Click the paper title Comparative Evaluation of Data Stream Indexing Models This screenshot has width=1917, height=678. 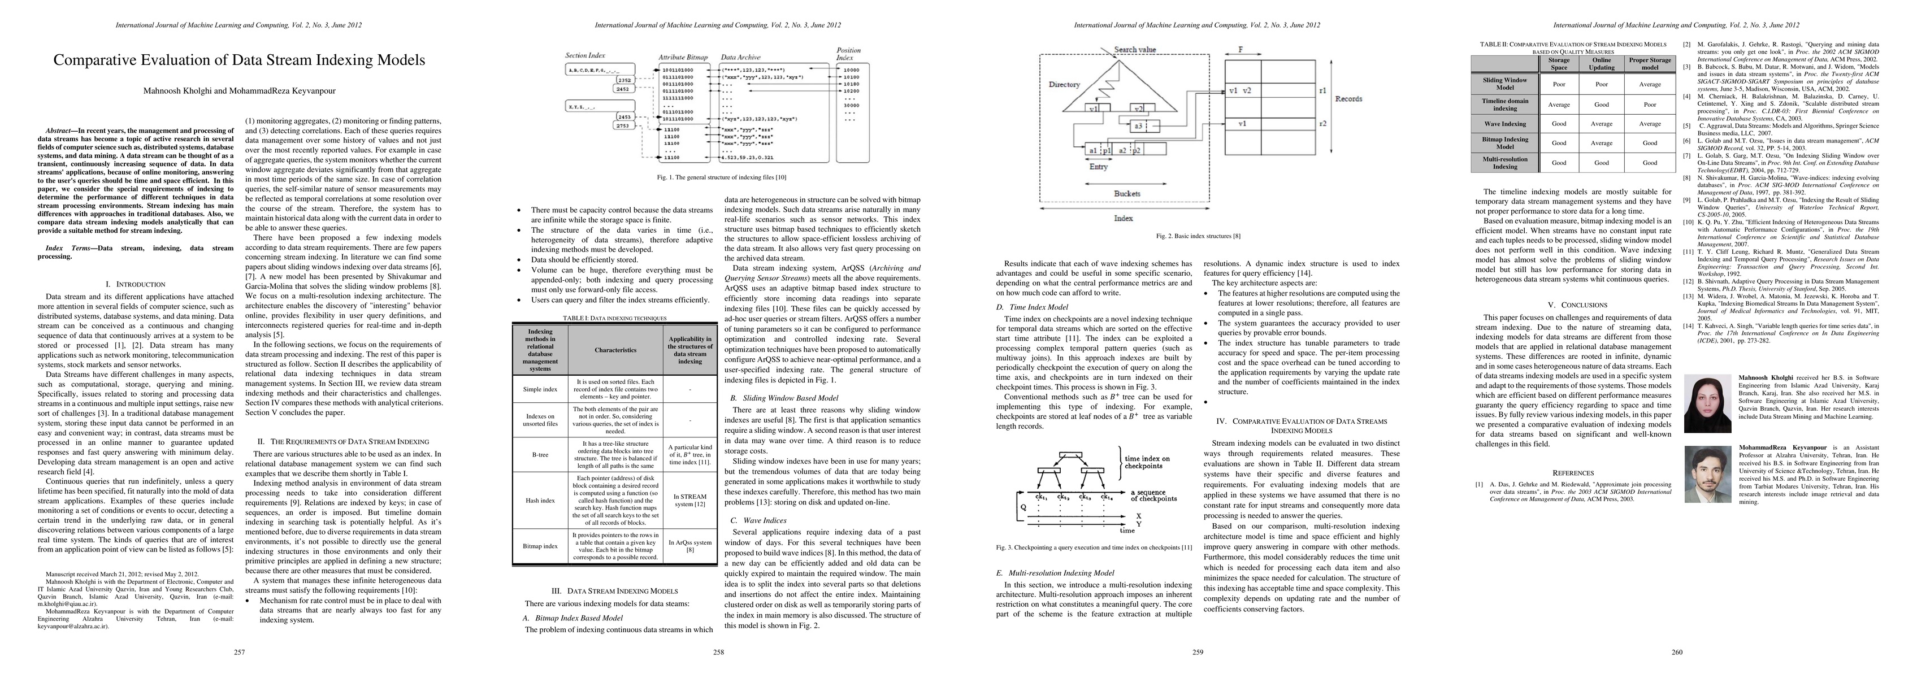point(239,60)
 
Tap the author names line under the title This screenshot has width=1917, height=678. point(239,92)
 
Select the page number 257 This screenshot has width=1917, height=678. point(240,653)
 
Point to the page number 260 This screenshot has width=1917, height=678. point(1677,653)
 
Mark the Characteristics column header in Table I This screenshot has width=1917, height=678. point(615,350)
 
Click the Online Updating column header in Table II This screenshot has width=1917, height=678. point(1602,63)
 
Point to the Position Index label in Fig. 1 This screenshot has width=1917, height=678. point(849,54)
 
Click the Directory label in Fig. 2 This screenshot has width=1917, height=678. point(1064,84)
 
